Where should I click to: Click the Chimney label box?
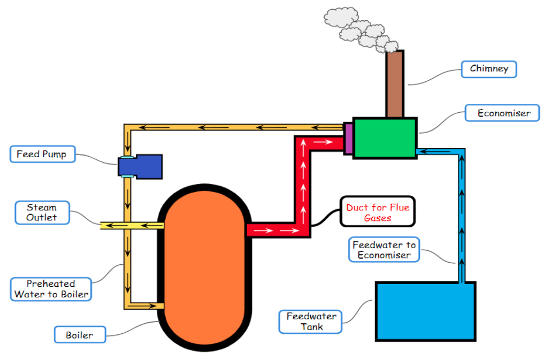pyautogui.click(x=489, y=69)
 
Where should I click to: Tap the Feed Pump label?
pyautogui.click(x=42, y=155)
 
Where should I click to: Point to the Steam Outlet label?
pyautogui.click(x=42, y=212)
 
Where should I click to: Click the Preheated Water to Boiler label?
pyautogui.click(x=51, y=289)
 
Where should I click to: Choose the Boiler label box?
pyautogui.click(x=80, y=335)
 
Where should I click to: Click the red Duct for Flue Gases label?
pyautogui.click(x=377, y=212)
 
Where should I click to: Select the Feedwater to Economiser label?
pyautogui.click(x=384, y=250)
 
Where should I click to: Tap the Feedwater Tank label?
pyautogui.click(x=311, y=321)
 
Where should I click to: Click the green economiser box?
pyautogui.click(x=385, y=138)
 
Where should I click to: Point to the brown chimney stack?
pyautogui.click(x=395, y=83)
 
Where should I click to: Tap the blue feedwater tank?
pyautogui.click(x=425, y=311)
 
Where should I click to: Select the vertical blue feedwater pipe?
pyautogui.click(x=461, y=214)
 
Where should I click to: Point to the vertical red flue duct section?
pyautogui.click(x=303, y=182)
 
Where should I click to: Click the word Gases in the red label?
pyautogui.click(x=378, y=218)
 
